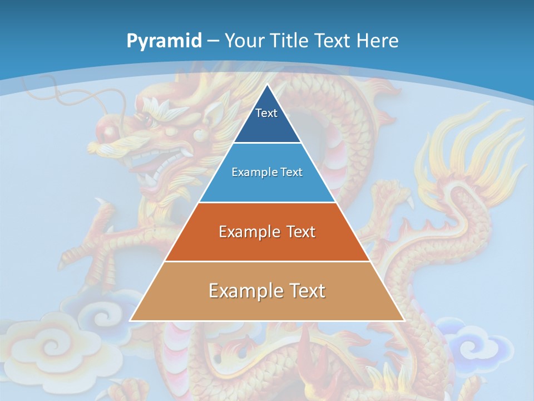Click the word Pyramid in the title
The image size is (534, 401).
pyautogui.click(x=164, y=41)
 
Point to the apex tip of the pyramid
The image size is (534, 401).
pyautogui.click(x=267, y=85)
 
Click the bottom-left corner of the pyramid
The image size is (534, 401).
pyautogui.click(x=131, y=320)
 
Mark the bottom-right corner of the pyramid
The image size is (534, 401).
pyautogui.click(x=404, y=320)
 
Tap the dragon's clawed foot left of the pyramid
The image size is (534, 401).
pyautogui.click(x=89, y=251)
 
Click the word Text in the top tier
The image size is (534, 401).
pyautogui.click(x=266, y=113)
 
